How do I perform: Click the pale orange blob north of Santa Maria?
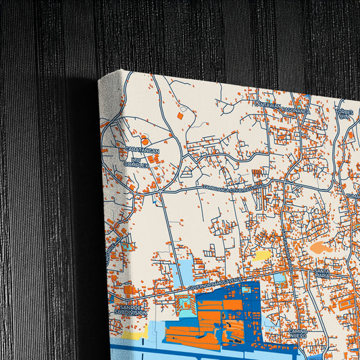[320, 248]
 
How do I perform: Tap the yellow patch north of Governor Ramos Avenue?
[263, 256]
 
